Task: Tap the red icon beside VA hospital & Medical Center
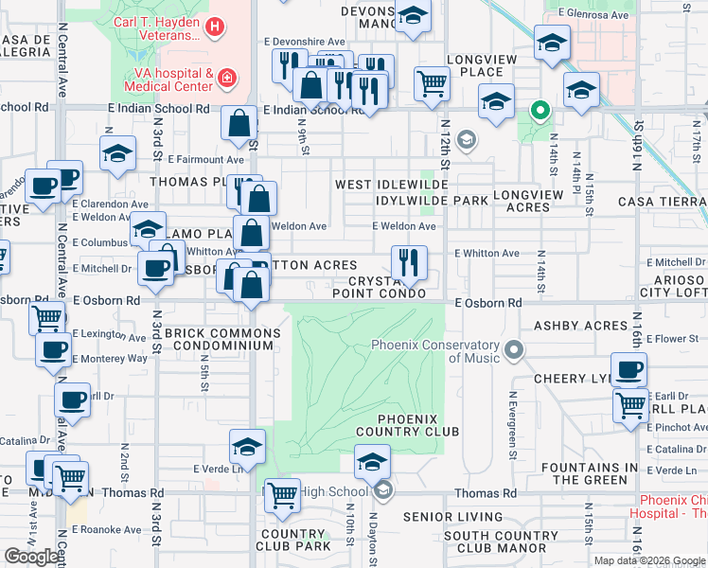click(226, 77)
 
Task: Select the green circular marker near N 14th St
click(540, 112)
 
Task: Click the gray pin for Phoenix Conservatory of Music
click(514, 351)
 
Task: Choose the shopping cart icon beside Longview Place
click(432, 83)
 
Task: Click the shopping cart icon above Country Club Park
click(282, 494)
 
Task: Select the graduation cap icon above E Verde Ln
click(247, 446)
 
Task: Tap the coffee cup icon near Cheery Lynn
click(628, 369)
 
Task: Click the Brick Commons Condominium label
click(222, 340)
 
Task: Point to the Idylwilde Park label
click(432, 201)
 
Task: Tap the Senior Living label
click(452, 517)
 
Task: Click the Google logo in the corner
click(32, 557)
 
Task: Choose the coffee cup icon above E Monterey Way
click(53, 350)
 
